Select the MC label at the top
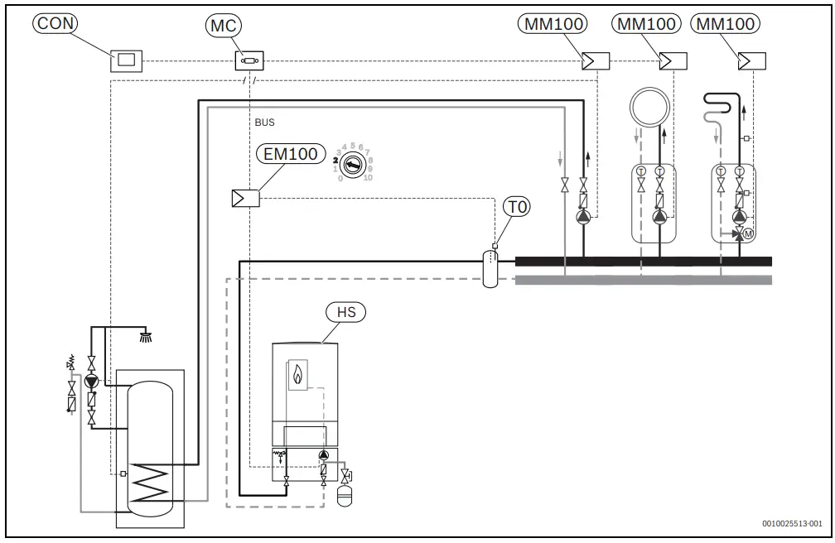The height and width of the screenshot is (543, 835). coord(221,25)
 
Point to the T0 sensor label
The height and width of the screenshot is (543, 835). coord(515,208)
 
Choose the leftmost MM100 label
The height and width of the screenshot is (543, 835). coord(554,24)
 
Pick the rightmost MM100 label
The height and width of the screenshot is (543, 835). coord(726,24)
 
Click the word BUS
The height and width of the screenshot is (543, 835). coord(265,123)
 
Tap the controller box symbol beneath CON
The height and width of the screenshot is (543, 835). coord(126,60)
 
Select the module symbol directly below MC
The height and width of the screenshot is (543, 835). coord(249,60)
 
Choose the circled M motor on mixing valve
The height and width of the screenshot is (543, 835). coord(748,234)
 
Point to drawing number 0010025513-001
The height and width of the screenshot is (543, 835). coord(793,524)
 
